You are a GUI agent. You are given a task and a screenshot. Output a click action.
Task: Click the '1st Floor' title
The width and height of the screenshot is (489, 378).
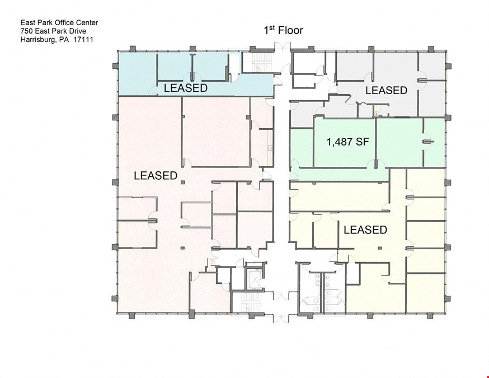point(283,30)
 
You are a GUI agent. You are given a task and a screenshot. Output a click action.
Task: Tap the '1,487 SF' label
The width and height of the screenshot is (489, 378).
point(347,142)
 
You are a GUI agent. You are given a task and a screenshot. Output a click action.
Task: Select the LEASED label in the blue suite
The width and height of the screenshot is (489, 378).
point(186,88)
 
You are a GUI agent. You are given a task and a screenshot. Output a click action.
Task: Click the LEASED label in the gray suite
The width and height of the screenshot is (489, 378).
point(386,90)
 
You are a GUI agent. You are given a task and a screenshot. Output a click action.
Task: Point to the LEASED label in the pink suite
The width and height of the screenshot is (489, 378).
point(156,175)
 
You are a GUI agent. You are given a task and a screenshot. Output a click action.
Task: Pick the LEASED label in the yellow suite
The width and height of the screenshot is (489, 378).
point(365,230)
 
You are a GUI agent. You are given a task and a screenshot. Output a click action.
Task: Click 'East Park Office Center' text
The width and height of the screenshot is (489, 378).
point(59,22)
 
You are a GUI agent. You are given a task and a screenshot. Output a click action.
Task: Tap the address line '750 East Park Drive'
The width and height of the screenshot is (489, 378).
point(53,31)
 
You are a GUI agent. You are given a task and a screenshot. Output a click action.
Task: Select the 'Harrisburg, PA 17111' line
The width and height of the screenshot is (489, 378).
point(57,40)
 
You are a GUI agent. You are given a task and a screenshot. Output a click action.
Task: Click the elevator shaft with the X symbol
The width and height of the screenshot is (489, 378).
point(255,278)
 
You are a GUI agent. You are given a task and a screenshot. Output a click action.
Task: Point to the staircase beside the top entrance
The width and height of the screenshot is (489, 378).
point(258,62)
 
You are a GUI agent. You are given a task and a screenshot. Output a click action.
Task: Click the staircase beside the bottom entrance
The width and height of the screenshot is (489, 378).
point(248,302)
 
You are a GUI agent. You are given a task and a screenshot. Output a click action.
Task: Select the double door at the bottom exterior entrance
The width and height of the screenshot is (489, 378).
point(281,319)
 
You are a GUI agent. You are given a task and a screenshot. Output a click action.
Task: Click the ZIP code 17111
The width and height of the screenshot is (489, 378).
point(83,40)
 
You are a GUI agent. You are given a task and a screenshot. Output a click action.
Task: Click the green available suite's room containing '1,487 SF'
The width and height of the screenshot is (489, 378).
point(344,143)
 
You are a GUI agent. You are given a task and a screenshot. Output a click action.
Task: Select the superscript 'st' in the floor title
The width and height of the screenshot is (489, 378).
point(272,27)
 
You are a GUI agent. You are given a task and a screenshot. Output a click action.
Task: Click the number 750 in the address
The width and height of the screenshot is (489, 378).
point(26,31)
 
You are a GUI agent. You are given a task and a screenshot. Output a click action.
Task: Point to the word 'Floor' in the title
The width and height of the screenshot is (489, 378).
point(290,31)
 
